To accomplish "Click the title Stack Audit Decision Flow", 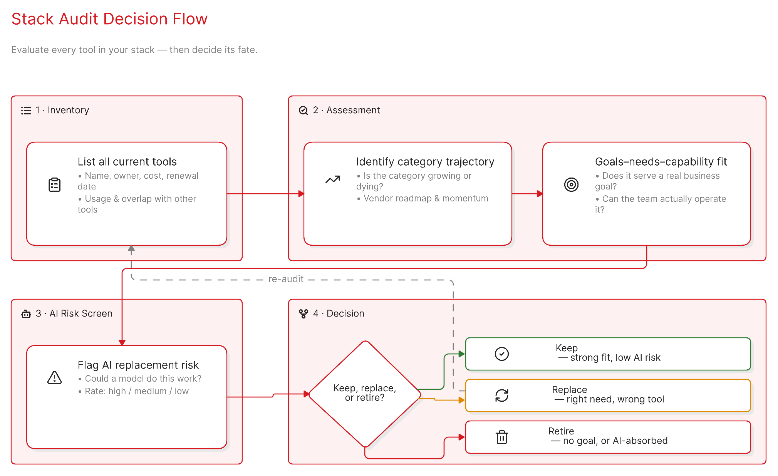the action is (x=109, y=19).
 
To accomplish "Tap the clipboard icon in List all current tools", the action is (x=55, y=185).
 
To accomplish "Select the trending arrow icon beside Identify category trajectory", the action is (x=333, y=179).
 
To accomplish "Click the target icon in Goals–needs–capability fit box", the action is (x=572, y=185).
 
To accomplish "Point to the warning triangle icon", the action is (x=55, y=377).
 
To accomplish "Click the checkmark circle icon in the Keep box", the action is (x=502, y=354).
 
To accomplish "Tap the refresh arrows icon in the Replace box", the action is (x=502, y=396).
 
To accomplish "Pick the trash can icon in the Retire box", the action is (x=502, y=437).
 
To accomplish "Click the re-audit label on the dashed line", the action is (x=286, y=279).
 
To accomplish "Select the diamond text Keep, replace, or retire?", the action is (x=365, y=393).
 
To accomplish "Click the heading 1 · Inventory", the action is (x=62, y=110).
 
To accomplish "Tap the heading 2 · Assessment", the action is (x=347, y=110).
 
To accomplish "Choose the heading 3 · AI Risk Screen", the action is (x=74, y=313).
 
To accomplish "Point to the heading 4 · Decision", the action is (x=339, y=313).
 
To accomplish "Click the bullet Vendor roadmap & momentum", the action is (x=423, y=198).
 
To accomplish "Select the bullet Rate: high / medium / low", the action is (x=133, y=391).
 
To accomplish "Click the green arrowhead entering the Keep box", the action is (x=462, y=354).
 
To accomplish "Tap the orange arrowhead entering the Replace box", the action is (x=462, y=400).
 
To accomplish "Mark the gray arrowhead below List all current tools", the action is (x=131, y=248).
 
